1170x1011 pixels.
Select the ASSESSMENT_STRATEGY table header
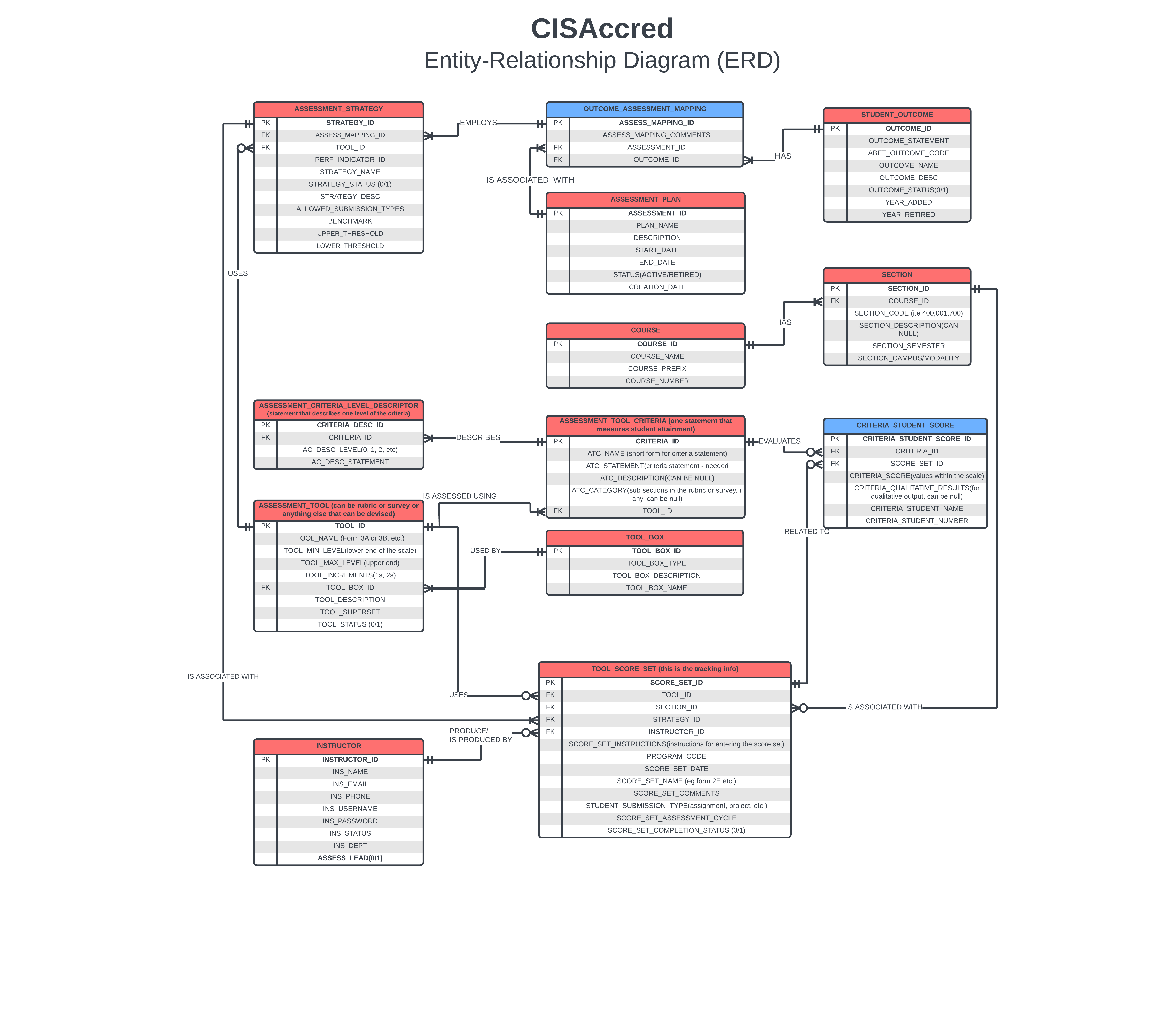pos(338,109)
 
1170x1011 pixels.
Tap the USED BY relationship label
pos(484,551)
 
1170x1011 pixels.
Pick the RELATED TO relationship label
pos(806,531)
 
